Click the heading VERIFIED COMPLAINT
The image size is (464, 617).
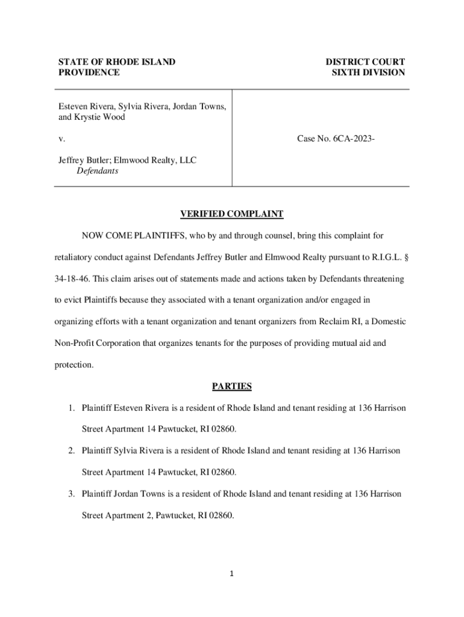pos(232,215)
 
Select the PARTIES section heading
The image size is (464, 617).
pos(232,386)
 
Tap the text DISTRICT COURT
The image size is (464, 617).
pos(365,62)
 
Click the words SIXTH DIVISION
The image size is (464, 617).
pos(368,73)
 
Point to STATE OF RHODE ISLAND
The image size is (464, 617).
pos(116,62)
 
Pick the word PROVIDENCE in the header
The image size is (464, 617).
pos(89,73)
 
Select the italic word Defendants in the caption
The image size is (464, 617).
pos(97,171)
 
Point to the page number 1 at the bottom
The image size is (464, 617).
pos(232,574)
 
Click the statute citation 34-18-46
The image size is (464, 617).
pos(71,279)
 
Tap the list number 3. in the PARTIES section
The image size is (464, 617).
pos(71,494)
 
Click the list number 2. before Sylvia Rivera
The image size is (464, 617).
pos(71,451)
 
